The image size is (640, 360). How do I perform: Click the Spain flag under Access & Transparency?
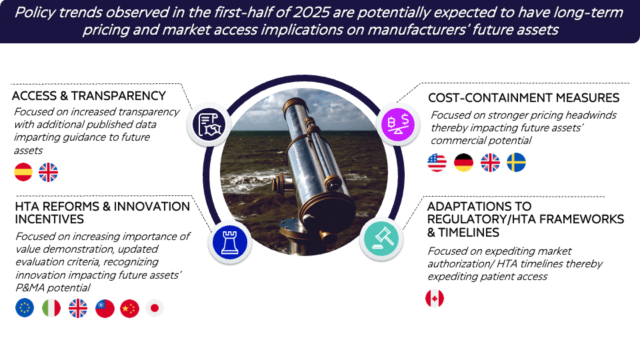click(23, 172)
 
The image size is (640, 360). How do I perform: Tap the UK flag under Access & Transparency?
click(48, 172)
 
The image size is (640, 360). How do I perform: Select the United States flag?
click(437, 163)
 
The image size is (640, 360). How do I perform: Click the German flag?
click(464, 163)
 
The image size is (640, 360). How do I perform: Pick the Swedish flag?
click(516, 163)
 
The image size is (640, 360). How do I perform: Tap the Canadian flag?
click(435, 299)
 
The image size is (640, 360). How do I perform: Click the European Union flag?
click(25, 308)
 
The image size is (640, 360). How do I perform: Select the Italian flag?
click(51, 308)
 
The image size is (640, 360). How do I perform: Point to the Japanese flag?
click(155, 308)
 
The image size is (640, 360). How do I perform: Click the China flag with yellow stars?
click(130, 308)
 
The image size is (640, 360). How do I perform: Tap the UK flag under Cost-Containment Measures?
click(490, 163)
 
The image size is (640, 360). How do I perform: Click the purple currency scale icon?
click(398, 125)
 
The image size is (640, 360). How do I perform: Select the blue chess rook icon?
click(230, 241)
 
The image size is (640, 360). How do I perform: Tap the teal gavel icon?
click(381, 239)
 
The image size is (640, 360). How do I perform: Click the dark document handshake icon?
click(209, 124)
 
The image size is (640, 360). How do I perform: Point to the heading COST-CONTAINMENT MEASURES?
click(524, 98)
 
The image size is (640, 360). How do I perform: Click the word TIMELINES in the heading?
click(469, 233)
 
